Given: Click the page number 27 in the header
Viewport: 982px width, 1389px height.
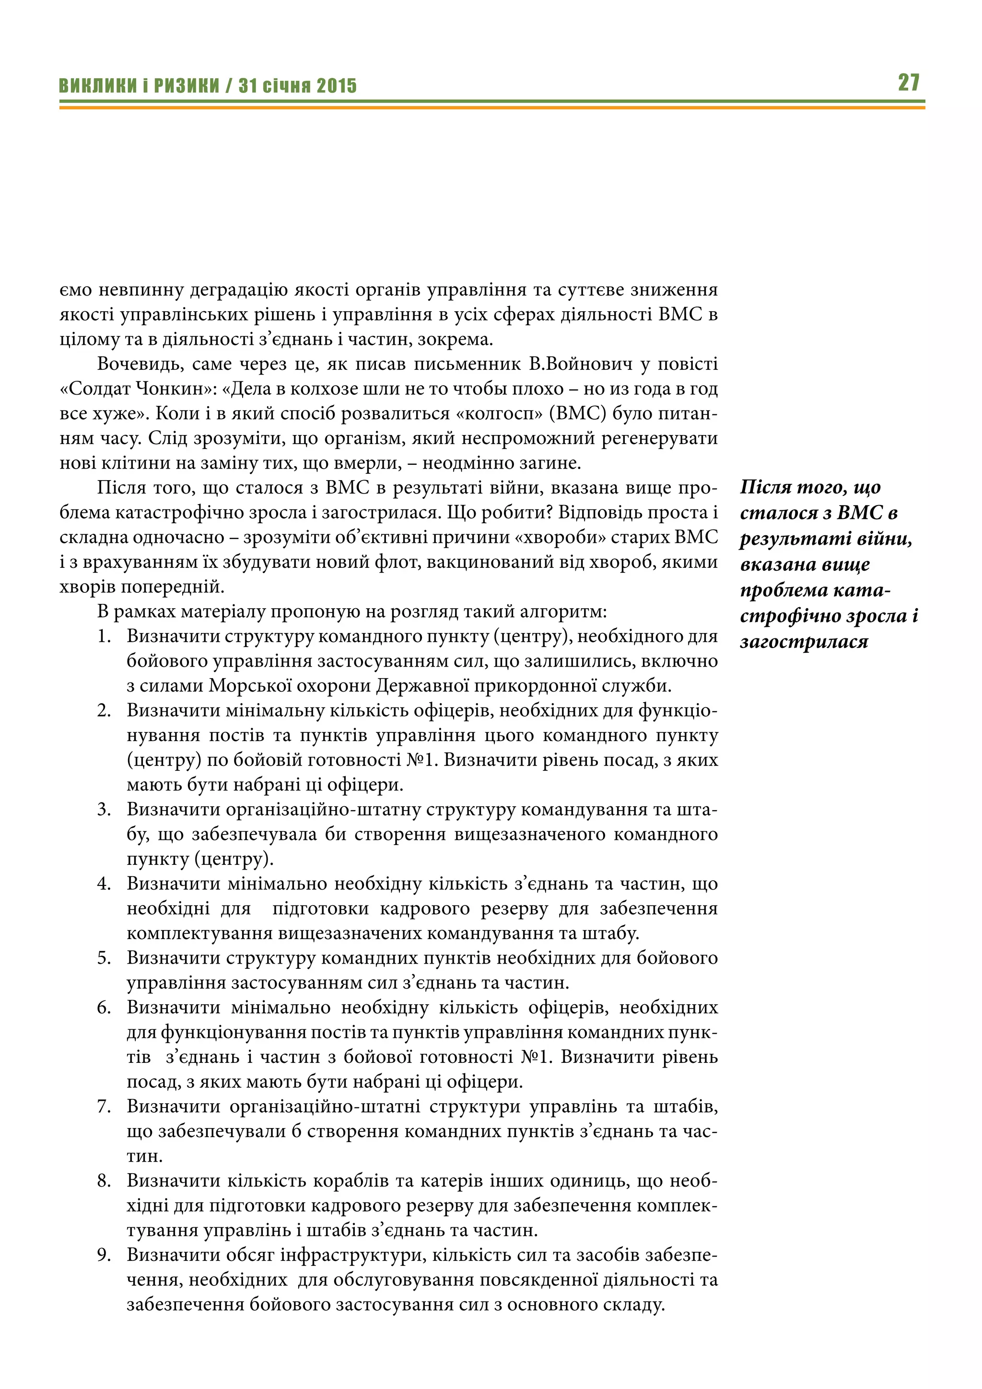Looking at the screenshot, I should (908, 82).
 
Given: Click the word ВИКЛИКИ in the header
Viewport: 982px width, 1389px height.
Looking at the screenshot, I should (97, 86).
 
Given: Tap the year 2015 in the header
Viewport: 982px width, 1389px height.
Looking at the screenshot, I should (337, 86).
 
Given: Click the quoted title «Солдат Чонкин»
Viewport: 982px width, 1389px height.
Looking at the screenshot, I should (136, 388).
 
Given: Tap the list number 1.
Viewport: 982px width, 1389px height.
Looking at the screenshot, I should (104, 636).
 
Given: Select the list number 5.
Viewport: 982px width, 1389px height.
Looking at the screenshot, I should (104, 958).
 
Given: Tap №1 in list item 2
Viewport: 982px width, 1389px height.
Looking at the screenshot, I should (421, 760).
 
